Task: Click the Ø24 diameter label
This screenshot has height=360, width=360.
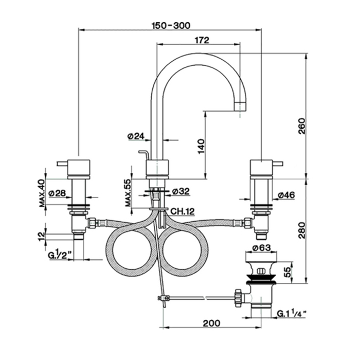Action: (136, 136)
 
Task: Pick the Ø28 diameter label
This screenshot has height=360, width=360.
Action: (57, 193)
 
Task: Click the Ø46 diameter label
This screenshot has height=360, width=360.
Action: (286, 195)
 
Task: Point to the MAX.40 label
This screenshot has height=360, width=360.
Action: (42, 193)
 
